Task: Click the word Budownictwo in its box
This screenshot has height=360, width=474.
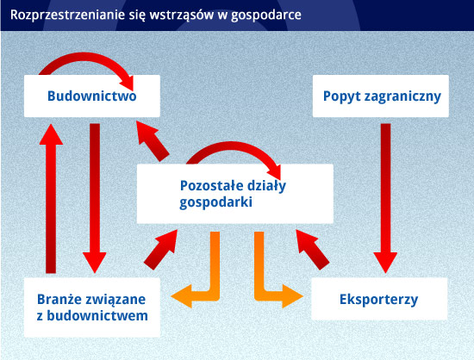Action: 92,96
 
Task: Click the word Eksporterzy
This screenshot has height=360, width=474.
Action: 379,300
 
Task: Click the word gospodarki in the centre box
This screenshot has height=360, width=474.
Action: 215,202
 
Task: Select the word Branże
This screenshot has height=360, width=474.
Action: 58,300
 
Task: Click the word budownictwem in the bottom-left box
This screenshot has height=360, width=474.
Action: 97,316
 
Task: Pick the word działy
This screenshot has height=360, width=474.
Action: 265,186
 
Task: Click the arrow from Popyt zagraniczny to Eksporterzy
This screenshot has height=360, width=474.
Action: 385,198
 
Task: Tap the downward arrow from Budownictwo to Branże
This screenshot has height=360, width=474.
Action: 95,198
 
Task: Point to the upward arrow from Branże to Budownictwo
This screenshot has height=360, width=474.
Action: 51,198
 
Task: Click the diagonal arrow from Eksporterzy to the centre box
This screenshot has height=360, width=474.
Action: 312,250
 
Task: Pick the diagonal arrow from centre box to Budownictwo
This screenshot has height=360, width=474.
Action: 153,141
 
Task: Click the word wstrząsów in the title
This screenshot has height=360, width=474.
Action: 182,15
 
